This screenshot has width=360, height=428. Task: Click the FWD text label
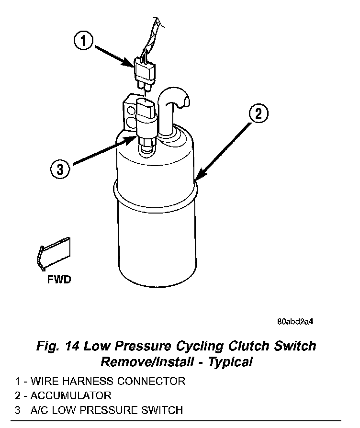[x=59, y=279]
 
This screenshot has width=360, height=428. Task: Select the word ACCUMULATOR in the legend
[x=71, y=395]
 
